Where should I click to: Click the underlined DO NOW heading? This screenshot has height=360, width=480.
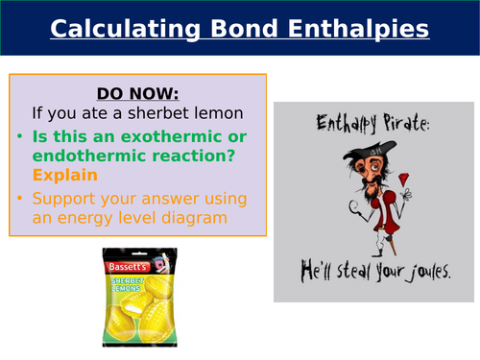137,93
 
